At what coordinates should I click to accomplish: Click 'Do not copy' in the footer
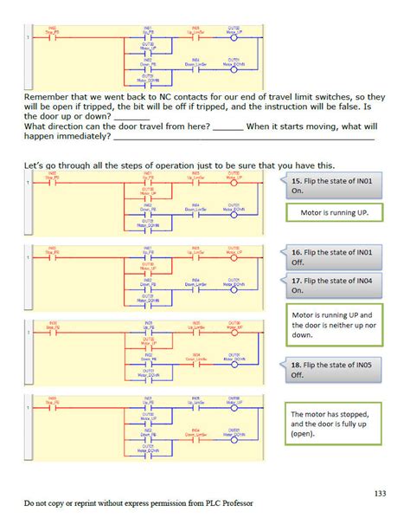click(x=43, y=503)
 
